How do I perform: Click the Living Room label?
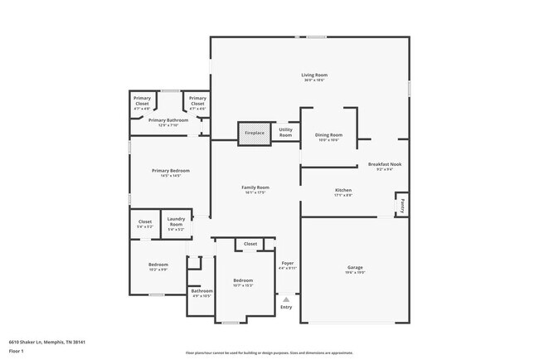click(x=313, y=75)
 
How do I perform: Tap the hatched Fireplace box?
click(x=254, y=133)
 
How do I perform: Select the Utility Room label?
click(x=285, y=132)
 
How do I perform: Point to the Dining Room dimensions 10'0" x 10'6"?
click(x=328, y=140)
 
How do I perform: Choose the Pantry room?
click(x=401, y=202)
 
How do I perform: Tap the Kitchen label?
click(x=343, y=190)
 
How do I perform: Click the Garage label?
click(x=355, y=267)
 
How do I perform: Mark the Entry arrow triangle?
click(x=286, y=299)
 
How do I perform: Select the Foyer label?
click(x=287, y=263)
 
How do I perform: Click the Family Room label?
click(x=255, y=187)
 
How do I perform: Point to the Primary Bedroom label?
click(x=166, y=170)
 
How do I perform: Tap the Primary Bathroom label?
click(x=168, y=120)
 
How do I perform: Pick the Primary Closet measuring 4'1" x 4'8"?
click(x=142, y=104)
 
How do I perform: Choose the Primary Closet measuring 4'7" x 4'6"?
click(x=197, y=104)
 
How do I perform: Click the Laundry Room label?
click(x=176, y=222)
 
